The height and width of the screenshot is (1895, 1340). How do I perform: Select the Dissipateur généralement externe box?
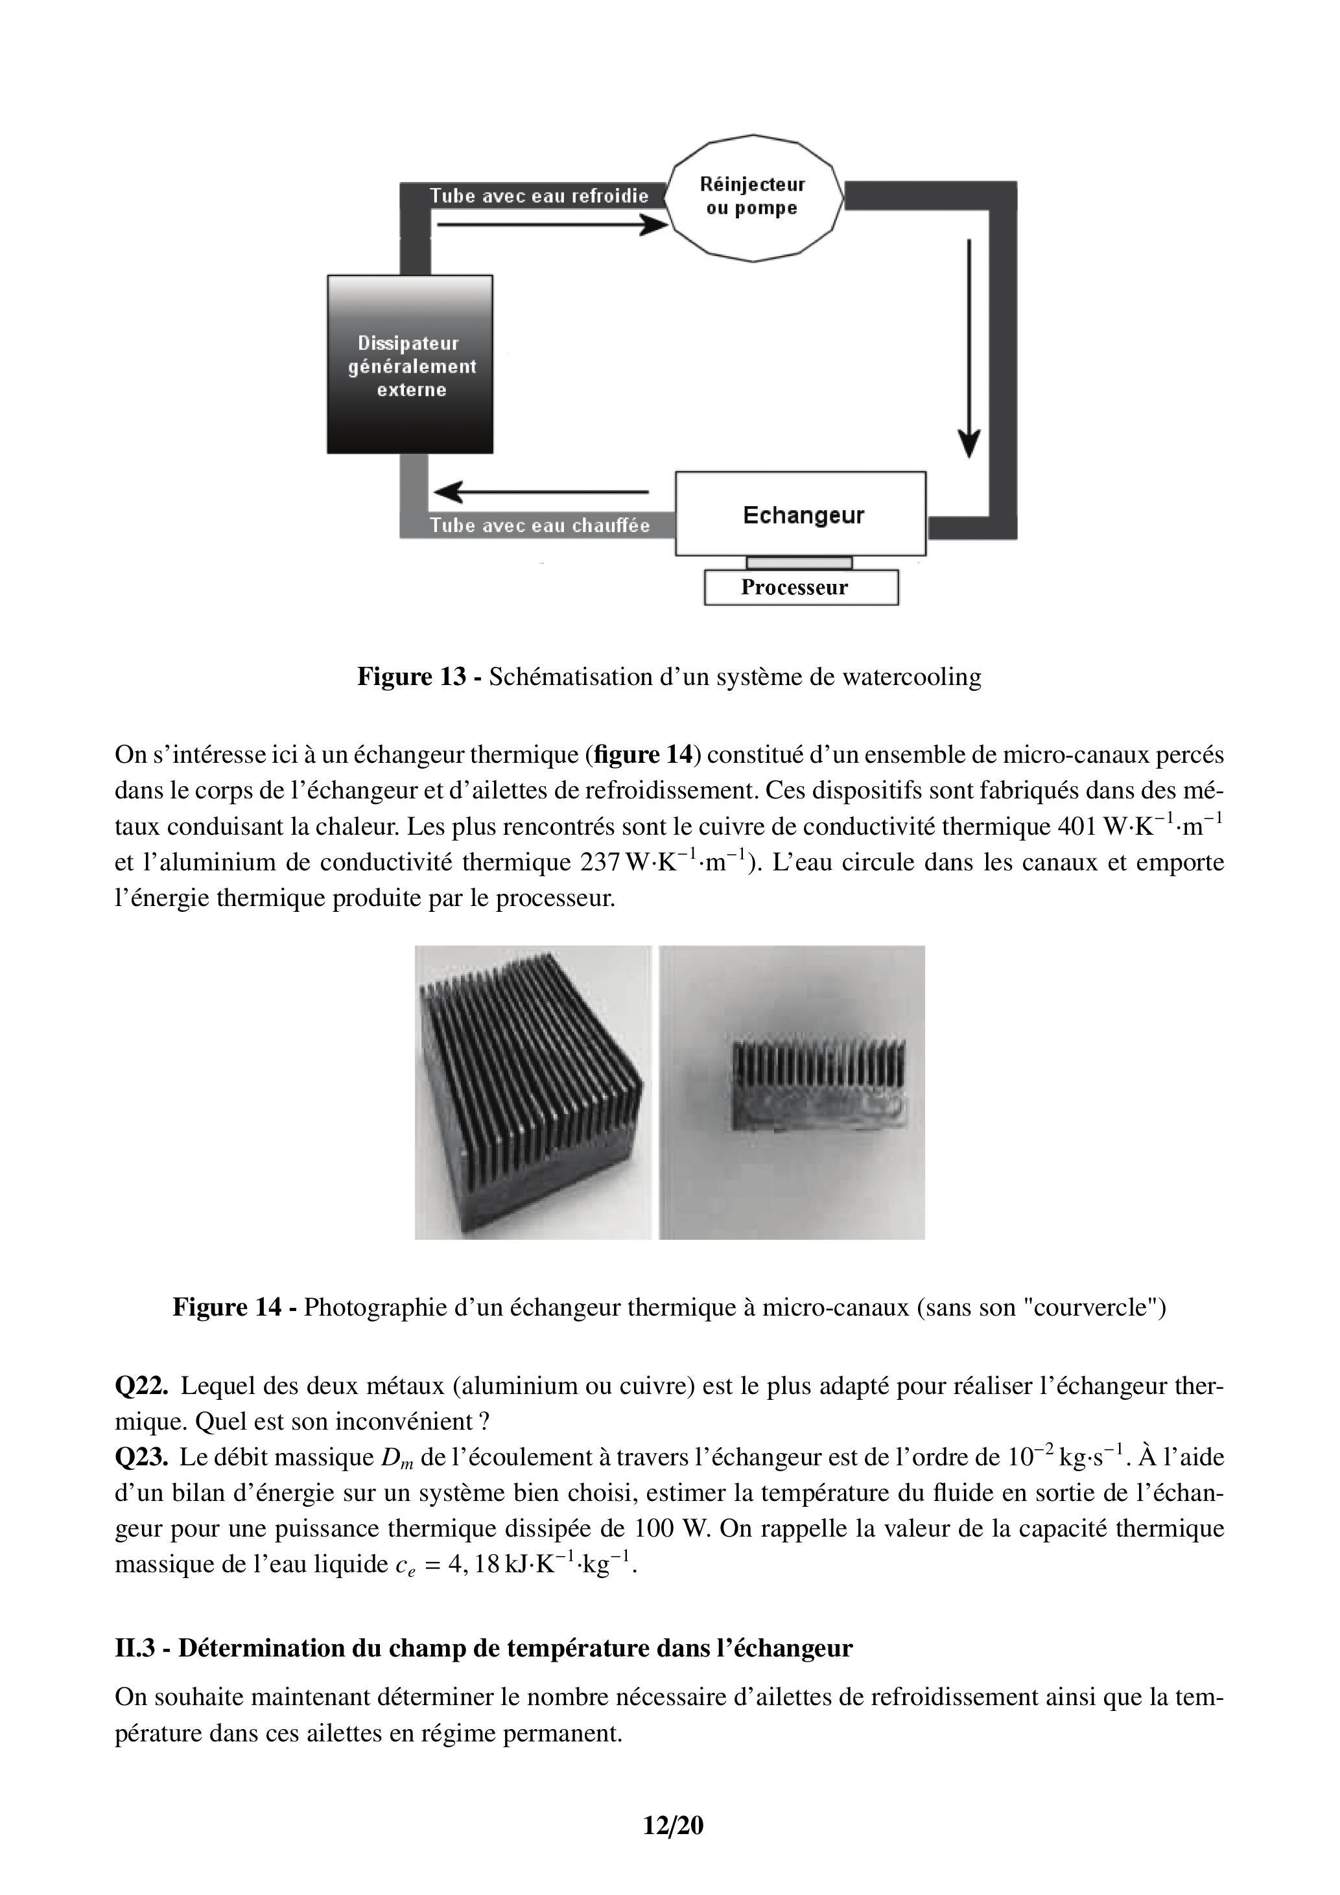[x=410, y=365]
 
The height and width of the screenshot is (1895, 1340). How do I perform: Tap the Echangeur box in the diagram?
[x=801, y=514]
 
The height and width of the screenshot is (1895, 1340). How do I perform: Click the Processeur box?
[x=800, y=588]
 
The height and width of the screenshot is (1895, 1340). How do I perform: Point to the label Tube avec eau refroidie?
[x=538, y=196]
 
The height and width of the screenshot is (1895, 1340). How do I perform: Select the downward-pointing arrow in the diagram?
[x=969, y=347]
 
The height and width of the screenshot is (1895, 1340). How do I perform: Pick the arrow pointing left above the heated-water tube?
[x=541, y=492]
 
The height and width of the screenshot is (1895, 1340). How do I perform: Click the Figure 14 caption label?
[x=227, y=1307]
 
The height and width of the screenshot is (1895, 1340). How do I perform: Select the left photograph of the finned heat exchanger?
[x=532, y=1092]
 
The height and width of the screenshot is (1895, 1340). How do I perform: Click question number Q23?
[x=141, y=1457]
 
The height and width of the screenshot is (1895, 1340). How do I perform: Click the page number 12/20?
[x=673, y=1825]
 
